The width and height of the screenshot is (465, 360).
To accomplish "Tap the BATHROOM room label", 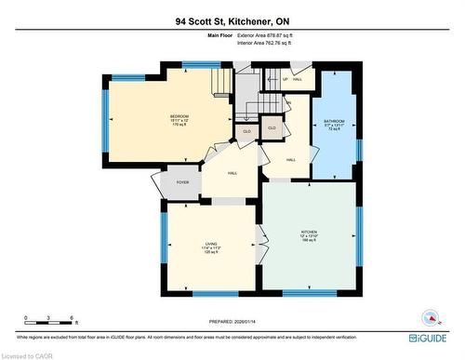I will click(335, 121).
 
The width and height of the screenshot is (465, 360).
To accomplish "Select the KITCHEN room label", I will click(309, 231).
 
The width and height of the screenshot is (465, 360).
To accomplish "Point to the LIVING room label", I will click(211, 244).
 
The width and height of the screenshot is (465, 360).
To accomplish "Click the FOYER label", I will click(183, 182).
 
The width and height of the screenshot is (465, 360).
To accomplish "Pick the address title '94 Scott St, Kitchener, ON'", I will click(232, 20).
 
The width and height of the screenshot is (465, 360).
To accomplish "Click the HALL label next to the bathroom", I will click(291, 161).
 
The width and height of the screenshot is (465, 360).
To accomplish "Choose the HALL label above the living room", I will click(232, 173).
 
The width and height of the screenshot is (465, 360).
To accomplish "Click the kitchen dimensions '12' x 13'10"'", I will click(309, 236).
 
